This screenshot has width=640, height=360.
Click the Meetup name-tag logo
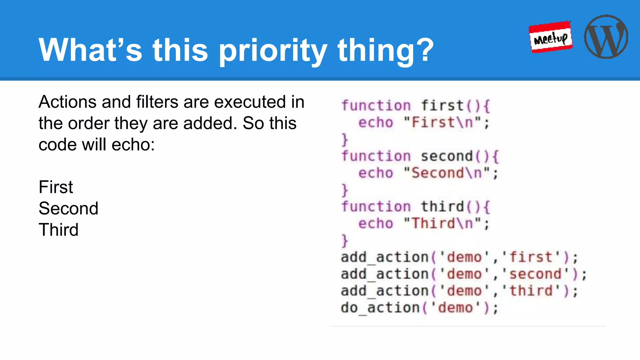point(551,37)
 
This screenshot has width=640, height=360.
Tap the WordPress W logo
point(606,37)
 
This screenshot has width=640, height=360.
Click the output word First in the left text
point(56,187)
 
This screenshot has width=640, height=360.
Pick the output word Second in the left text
point(68,208)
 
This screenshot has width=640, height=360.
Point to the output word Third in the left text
point(58,230)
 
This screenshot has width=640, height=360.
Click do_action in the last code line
point(380,308)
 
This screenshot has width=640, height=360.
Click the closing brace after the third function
point(344,241)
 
